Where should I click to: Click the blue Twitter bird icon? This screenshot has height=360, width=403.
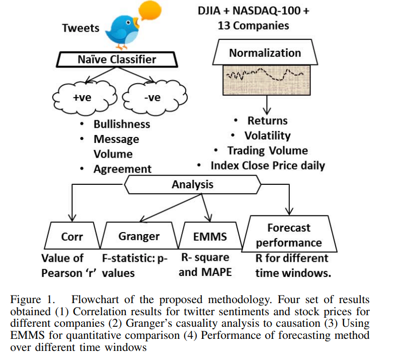(x=123, y=30)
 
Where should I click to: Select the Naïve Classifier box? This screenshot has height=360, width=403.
(x=117, y=60)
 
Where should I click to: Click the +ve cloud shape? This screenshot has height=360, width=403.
(x=82, y=98)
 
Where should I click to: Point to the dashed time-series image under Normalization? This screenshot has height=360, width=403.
(x=265, y=78)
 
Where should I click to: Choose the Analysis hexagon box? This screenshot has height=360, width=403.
(x=192, y=185)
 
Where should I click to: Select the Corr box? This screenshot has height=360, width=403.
(x=72, y=236)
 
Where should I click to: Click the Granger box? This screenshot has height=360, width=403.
(x=139, y=236)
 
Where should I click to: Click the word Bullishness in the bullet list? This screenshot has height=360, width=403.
(x=122, y=124)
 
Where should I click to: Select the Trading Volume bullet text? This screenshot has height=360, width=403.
(x=267, y=151)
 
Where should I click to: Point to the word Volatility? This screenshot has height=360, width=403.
(x=267, y=135)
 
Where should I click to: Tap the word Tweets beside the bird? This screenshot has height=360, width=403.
(x=80, y=28)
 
